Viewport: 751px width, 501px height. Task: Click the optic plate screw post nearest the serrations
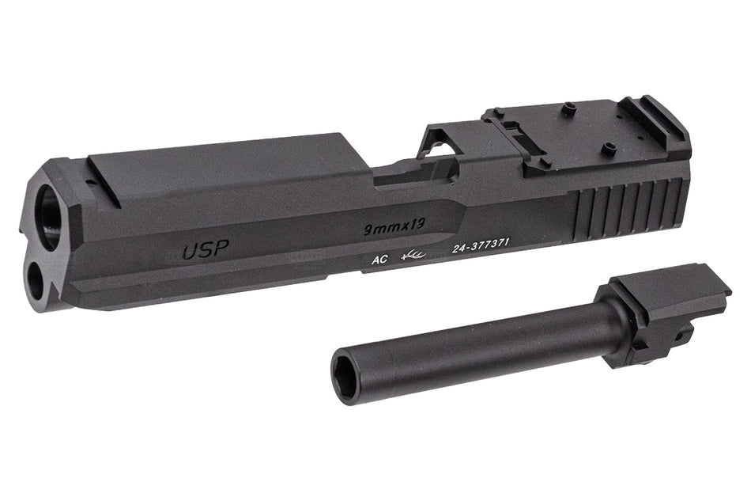[x=607, y=146]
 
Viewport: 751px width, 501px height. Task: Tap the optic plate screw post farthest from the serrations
[x=568, y=111]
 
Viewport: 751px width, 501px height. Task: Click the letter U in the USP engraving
[x=191, y=252]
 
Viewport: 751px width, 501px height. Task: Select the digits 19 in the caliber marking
[x=417, y=226]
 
